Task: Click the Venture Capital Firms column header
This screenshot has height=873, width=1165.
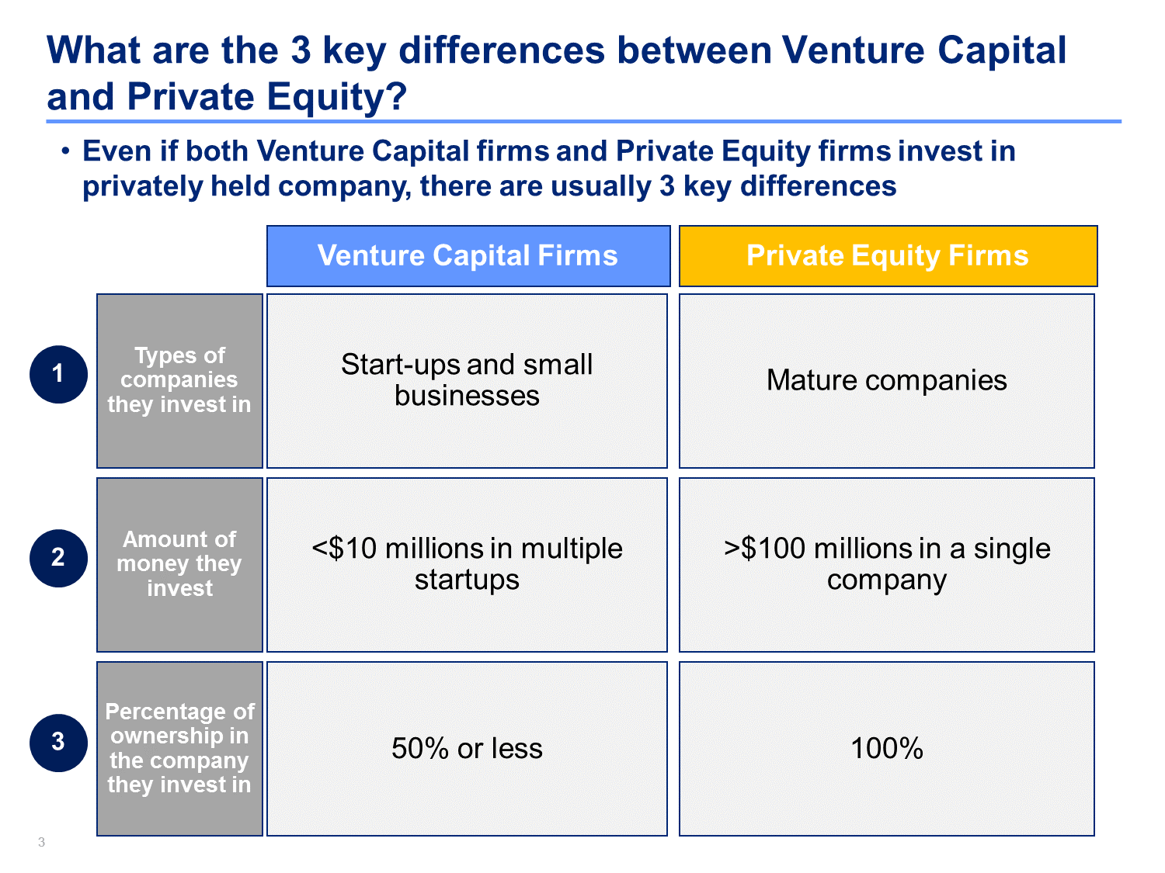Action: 468,256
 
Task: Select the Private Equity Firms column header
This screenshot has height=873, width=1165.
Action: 888,256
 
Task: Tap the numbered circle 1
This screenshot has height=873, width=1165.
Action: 58,374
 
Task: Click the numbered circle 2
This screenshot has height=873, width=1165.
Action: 58,558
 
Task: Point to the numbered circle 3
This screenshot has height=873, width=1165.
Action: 58,743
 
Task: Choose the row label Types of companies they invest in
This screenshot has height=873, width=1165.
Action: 179,380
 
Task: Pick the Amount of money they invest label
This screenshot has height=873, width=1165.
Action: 179,564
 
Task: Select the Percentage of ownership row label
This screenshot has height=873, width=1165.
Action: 179,748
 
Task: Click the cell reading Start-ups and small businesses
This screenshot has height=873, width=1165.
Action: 467,380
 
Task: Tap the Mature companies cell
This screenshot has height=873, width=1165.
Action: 886,380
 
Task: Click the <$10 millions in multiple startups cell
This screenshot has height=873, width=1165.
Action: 467,564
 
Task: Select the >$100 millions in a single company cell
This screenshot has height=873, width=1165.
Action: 886,564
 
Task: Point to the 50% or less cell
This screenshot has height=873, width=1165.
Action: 467,748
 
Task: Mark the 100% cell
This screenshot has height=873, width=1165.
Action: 886,748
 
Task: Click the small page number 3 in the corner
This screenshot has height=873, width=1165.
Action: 41,842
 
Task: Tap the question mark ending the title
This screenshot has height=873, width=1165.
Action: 396,96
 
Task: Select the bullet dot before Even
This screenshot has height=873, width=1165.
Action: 65,151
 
